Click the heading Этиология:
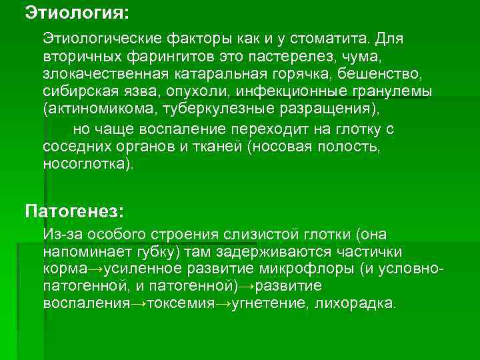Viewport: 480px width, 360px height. pos(68,11)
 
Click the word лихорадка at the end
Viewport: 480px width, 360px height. pos(362,304)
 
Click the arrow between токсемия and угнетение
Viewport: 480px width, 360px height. pos(225,304)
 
